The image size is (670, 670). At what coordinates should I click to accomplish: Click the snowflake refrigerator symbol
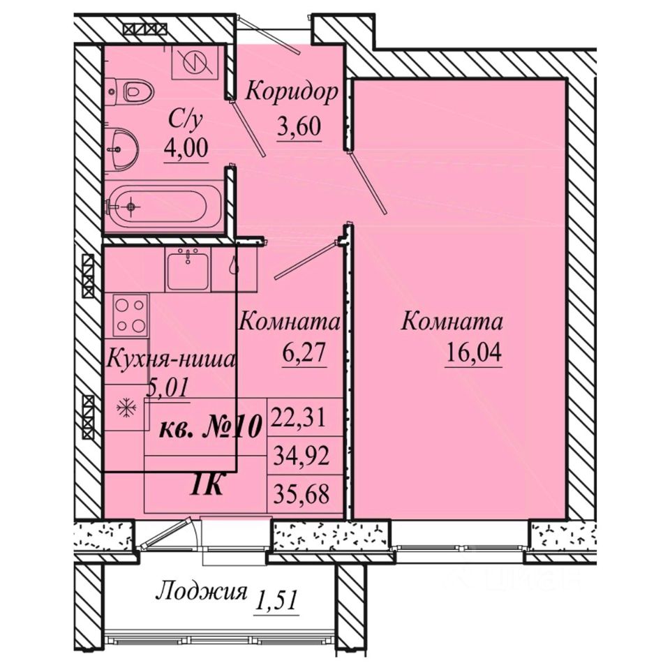[x=126, y=408]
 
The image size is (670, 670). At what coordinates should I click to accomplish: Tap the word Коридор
[x=292, y=92]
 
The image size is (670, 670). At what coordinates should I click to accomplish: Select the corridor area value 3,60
[x=298, y=126]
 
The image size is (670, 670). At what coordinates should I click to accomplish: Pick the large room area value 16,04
[x=473, y=352]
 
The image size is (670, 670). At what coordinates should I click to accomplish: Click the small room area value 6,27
[x=304, y=353]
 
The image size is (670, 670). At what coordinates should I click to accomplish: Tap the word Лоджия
[x=202, y=594]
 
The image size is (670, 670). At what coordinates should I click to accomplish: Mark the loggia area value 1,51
[x=275, y=601]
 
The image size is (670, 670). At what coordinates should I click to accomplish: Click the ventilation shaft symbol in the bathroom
[x=195, y=61]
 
